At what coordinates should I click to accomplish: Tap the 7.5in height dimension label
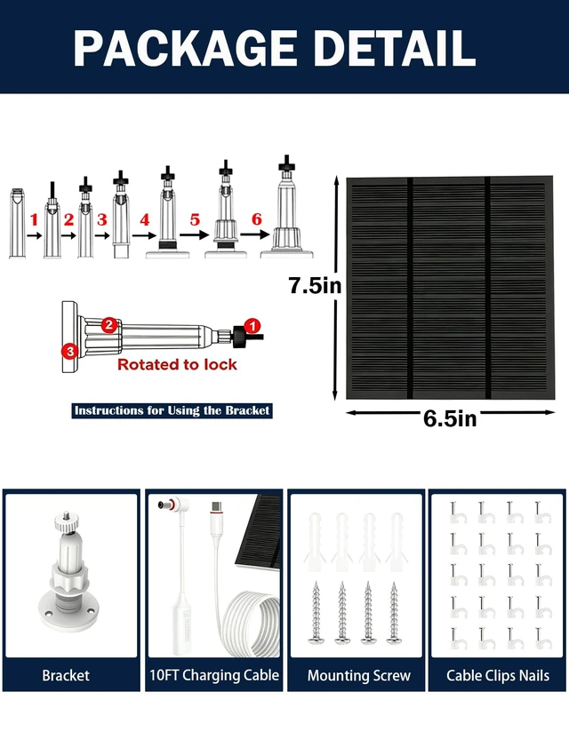tap(315, 286)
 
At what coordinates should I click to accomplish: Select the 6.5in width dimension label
tap(450, 418)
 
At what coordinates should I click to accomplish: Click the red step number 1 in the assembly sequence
tap(34, 219)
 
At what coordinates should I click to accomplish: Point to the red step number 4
tap(144, 219)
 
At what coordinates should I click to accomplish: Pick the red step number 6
tap(256, 219)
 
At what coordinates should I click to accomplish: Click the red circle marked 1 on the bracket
tap(252, 326)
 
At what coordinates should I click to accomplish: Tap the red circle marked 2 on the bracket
tap(109, 325)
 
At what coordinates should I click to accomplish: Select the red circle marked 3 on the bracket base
tap(70, 351)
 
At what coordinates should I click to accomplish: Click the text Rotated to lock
tap(177, 364)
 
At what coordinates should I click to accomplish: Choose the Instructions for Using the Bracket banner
tap(172, 410)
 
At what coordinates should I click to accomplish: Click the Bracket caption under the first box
tap(66, 675)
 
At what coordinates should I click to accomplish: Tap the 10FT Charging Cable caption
tap(214, 675)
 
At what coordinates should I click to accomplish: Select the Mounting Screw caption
tap(359, 675)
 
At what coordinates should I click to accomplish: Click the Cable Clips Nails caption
tap(498, 675)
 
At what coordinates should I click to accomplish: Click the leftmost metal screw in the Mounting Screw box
tap(316, 613)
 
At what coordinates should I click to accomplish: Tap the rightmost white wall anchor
tap(397, 542)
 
